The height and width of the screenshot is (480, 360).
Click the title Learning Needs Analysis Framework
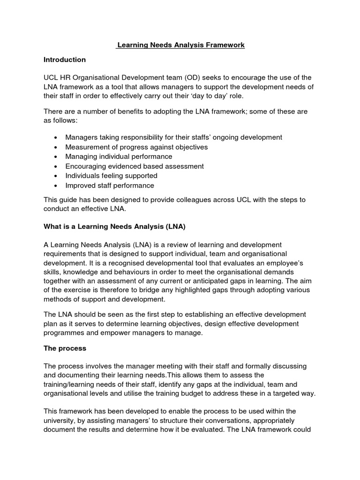180,45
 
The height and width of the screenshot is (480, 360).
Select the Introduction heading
65,60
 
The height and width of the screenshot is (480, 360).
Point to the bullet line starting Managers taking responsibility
173,137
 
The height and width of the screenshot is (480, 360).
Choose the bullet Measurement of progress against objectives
136,147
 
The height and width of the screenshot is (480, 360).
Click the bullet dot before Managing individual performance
56,157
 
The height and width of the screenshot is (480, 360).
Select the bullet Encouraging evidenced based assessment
135,166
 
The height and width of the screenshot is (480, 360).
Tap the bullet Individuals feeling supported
111,176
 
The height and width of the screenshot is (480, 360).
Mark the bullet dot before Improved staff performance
56,185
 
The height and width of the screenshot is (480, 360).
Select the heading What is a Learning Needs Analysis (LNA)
115,226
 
